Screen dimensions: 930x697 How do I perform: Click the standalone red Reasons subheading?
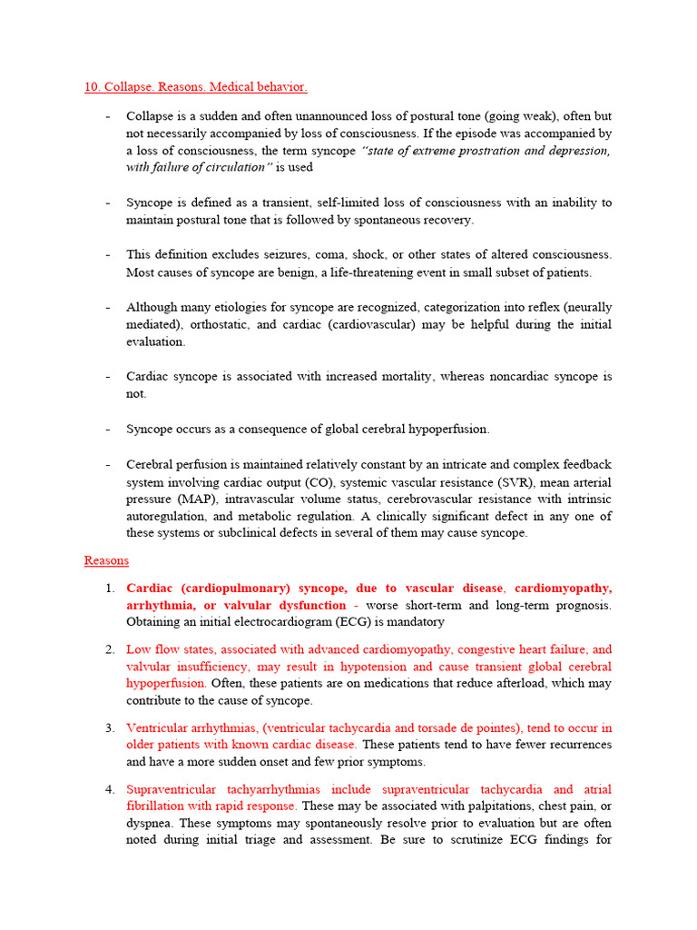coord(106,560)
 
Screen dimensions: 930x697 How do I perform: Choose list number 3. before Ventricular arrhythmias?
coord(109,727)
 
